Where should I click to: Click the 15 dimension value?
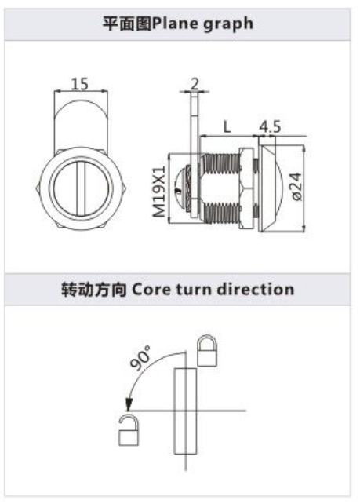[80, 84]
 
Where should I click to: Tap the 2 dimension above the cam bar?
[195, 84]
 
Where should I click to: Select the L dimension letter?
[227, 126]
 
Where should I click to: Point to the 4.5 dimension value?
[270, 126]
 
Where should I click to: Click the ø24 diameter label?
[297, 187]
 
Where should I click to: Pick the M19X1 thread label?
[159, 192]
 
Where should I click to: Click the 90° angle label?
[140, 358]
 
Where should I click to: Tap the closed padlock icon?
[208, 350]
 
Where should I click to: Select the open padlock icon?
[129, 429]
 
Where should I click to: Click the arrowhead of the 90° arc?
[129, 404]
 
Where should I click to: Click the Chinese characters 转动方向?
[94, 289]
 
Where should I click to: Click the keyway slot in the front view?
[81, 189]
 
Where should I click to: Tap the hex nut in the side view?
[246, 188]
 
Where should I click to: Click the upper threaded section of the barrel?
[222, 163]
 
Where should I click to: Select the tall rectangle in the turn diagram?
[185, 411]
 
